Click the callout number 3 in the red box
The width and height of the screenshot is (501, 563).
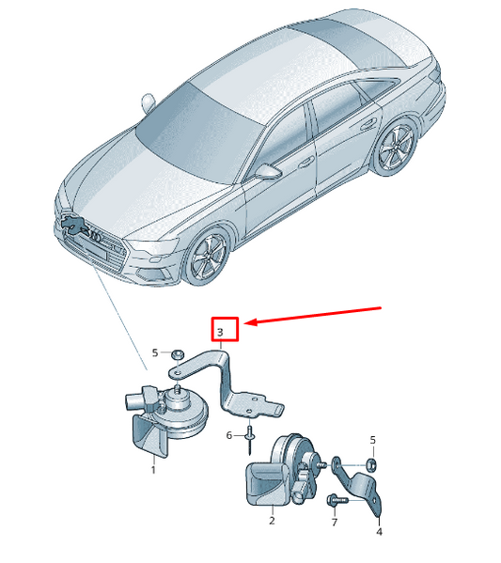click(220, 332)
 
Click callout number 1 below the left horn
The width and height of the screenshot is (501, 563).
click(153, 470)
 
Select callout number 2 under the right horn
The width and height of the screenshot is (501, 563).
click(272, 521)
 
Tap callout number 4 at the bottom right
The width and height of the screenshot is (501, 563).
click(379, 531)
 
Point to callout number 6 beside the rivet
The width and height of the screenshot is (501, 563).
click(229, 435)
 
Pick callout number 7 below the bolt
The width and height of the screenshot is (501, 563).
click(335, 522)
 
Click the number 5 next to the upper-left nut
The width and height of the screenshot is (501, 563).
click(155, 352)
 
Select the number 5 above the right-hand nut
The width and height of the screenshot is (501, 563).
click(373, 440)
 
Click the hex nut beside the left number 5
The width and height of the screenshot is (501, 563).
click(177, 354)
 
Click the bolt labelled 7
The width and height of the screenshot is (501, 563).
click(337, 500)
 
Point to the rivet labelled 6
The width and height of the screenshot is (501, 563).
click(250, 439)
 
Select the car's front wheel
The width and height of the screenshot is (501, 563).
click(208, 257)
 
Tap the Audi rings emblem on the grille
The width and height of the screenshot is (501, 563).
click(96, 236)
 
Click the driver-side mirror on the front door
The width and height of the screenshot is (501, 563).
click(268, 171)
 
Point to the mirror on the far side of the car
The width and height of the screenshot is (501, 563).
click(148, 102)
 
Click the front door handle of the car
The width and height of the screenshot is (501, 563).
click(306, 163)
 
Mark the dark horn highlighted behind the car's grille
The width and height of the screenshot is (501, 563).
click(74, 226)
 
